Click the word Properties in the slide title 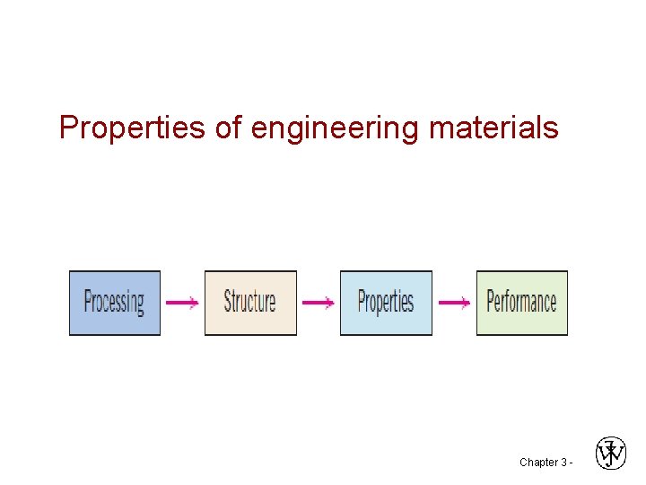(134, 128)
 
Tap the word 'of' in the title (229, 128)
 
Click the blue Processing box (115, 303)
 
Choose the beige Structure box (250, 303)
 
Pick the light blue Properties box (386, 303)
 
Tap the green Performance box (521, 303)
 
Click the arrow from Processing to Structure (182, 304)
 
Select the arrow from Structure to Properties (318, 304)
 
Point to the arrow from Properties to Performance (453, 304)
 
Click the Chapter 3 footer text (543, 463)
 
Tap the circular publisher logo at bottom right (611, 453)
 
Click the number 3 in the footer (563, 463)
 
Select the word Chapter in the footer (537, 463)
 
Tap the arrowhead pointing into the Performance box (466, 304)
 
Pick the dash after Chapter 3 (571, 463)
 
